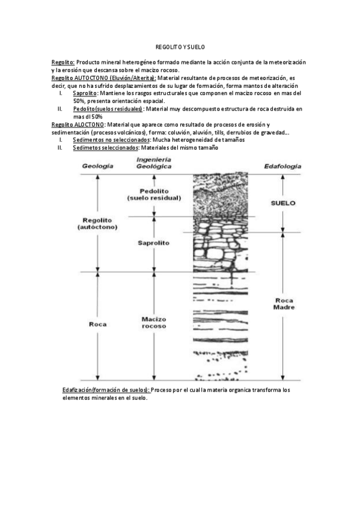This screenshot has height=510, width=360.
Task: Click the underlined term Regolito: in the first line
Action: coord(63,62)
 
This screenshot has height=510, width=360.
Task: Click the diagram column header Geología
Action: coord(97,166)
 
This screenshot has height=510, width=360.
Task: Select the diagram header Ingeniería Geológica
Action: coord(154,162)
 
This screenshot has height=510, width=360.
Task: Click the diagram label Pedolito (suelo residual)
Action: coord(154,194)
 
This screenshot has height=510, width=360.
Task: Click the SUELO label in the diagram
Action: coord(283,203)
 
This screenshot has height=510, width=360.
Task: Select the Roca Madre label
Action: coord(284,304)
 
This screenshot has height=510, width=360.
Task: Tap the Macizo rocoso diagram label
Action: coord(154,322)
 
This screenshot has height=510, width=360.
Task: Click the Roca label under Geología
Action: coord(97,324)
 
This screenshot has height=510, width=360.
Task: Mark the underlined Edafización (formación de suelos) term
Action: coord(106,390)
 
